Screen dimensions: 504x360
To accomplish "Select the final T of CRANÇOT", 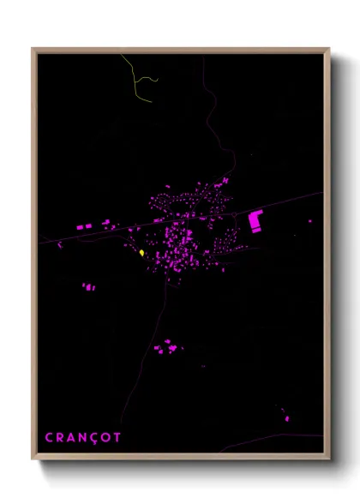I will pos(117,438).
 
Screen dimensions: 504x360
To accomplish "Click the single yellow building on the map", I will pos(141,253).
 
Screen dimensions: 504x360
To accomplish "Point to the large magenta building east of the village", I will pos(255,220).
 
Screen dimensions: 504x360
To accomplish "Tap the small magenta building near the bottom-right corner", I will pos(286,418).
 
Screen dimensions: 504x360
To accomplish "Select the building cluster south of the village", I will pos(165,347).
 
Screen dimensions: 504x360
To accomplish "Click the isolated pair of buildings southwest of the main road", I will pos(87,287).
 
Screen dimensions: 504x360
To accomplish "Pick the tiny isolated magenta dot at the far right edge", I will pos(310,221).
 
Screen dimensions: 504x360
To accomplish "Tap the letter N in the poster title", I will pos(82,438).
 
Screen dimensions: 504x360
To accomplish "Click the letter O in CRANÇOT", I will pos(105,438).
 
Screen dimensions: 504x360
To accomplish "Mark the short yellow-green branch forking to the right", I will pos(150,80).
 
